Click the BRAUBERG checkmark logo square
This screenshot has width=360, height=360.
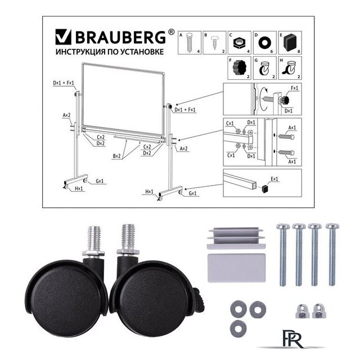coord(64,37)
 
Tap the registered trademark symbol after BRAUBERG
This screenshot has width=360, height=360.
coord(171,32)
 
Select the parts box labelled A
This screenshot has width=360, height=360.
coord(190,43)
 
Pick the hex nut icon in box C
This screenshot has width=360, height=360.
coord(239,43)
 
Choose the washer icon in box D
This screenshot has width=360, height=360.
coord(265,43)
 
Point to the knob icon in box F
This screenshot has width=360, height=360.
coord(239,66)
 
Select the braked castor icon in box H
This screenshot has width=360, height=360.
coord(289,69)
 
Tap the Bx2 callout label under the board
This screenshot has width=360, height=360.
coord(116,156)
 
